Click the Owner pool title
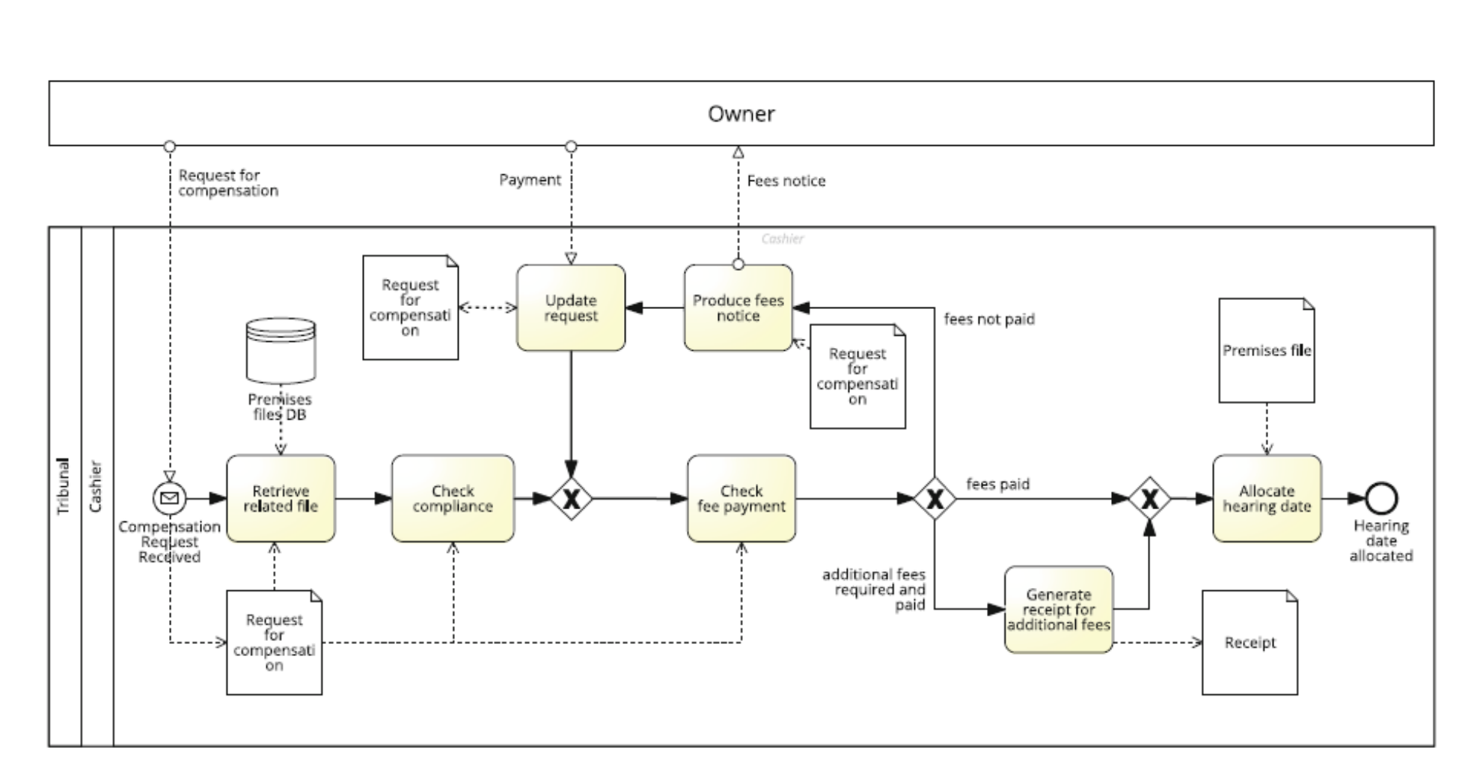point(741,114)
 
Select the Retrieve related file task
point(281,498)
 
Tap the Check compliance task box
point(453,498)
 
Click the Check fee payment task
point(741,498)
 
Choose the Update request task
point(570,307)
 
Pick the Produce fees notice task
point(738,307)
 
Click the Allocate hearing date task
point(1266,498)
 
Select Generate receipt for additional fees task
point(1058,609)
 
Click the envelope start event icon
point(170,498)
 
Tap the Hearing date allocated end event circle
point(1380,498)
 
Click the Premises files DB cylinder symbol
point(281,350)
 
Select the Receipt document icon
point(1250,642)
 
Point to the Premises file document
point(1266,350)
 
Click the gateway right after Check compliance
point(571,499)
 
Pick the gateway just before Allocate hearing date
point(1149,499)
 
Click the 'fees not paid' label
point(988,319)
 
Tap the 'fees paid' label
point(997,484)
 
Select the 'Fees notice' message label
point(786,181)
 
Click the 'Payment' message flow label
point(530,180)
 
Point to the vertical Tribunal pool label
point(64,486)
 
